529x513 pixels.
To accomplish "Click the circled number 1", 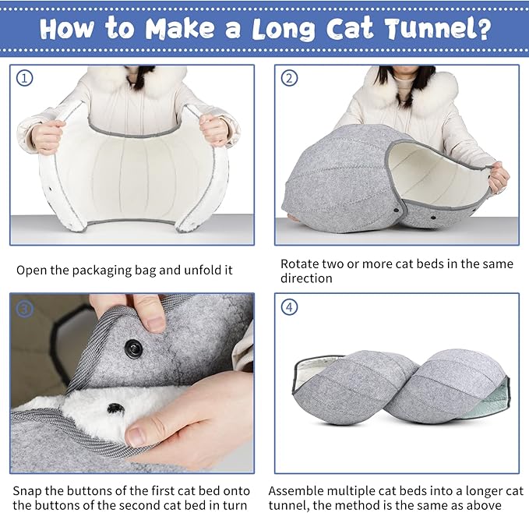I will tap(25, 78).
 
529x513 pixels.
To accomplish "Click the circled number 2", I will tap(289, 78).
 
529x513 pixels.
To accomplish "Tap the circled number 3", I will tap(25, 309).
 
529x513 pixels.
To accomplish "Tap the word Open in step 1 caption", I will tap(33, 271).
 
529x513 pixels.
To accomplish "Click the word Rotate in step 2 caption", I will tap(301, 264).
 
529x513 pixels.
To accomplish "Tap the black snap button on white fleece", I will tap(115, 408).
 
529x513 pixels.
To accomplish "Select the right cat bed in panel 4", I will tap(452, 386).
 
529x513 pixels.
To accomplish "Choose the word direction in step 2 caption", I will tap(306, 278).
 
